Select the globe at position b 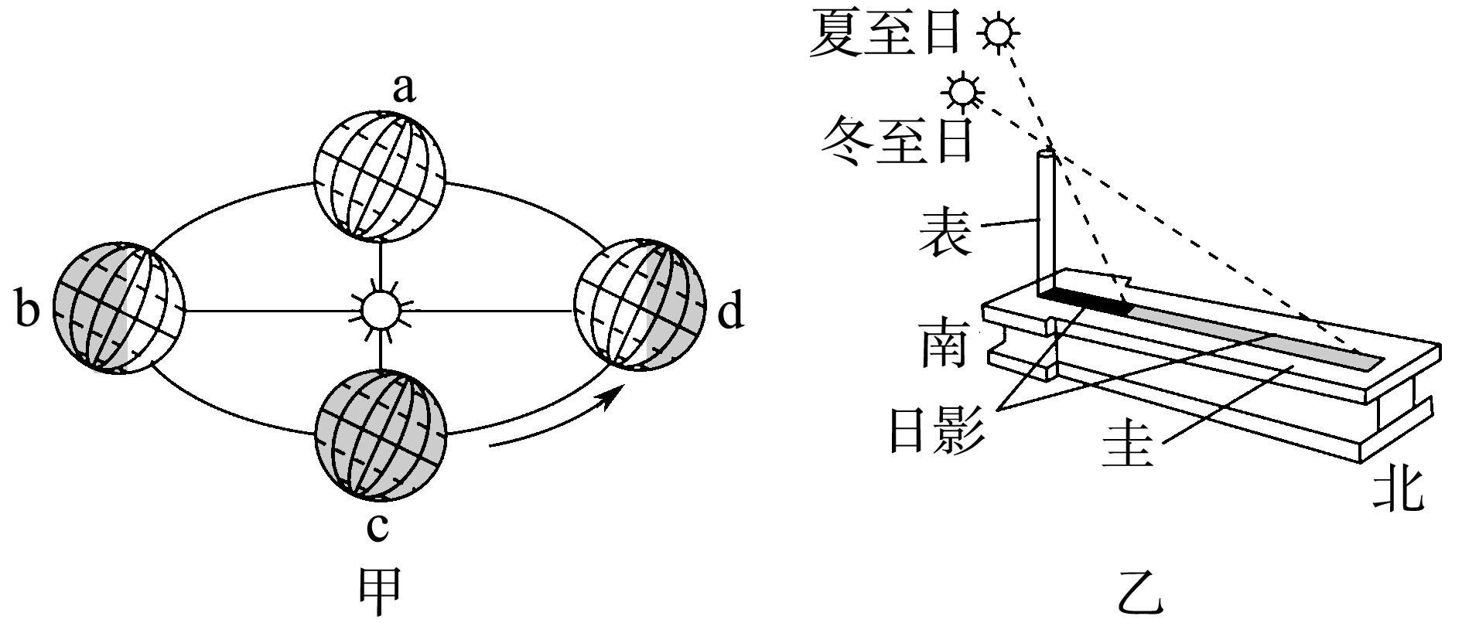119,309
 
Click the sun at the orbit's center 381,310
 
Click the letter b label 26,311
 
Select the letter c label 377,527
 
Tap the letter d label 731,314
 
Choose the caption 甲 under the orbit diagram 381,594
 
